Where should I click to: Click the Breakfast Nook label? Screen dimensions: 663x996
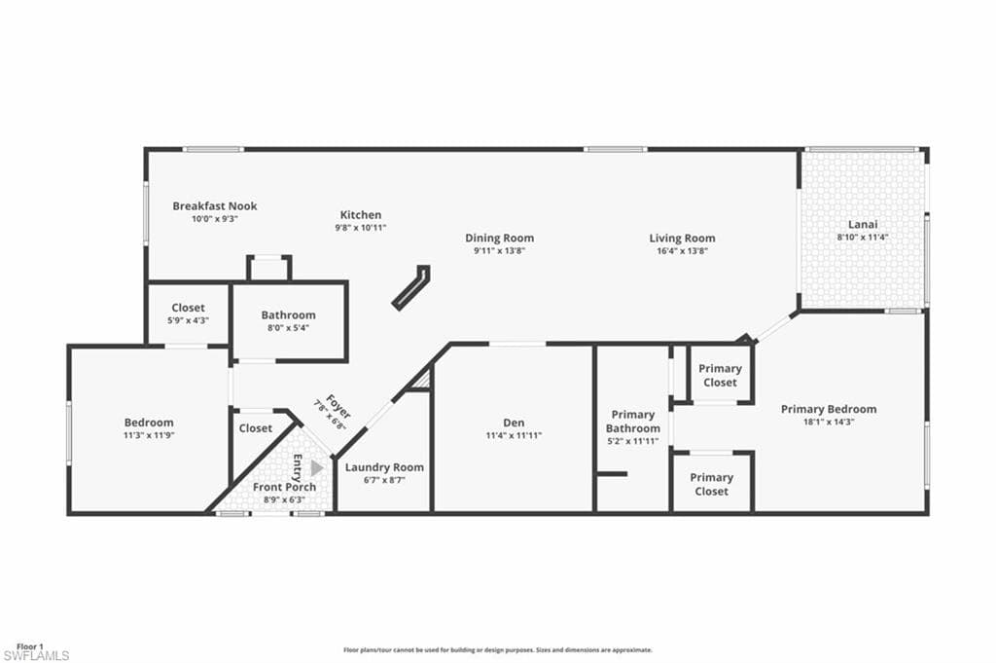point(214,206)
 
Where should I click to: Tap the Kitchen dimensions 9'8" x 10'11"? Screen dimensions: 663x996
point(360,227)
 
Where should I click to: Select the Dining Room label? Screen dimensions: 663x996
point(499,238)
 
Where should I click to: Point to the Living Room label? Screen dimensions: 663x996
point(682,238)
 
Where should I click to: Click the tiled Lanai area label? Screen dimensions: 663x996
point(863,223)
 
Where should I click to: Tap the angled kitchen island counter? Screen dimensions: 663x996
point(410,288)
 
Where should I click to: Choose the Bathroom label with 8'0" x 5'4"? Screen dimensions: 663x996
point(288,314)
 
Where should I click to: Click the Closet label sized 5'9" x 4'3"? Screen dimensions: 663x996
point(188,308)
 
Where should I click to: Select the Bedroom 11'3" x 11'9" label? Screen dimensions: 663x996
point(149,423)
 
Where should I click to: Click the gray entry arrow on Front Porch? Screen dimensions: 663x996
point(316,467)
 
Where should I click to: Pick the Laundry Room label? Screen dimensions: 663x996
point(384,467)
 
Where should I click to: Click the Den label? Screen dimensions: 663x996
point(514,423)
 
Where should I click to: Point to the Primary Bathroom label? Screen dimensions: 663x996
point(632,422)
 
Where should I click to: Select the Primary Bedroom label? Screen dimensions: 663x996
point(828,409)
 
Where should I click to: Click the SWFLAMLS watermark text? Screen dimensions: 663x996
point(36,655)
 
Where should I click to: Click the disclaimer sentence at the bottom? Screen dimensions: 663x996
point(497,649)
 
